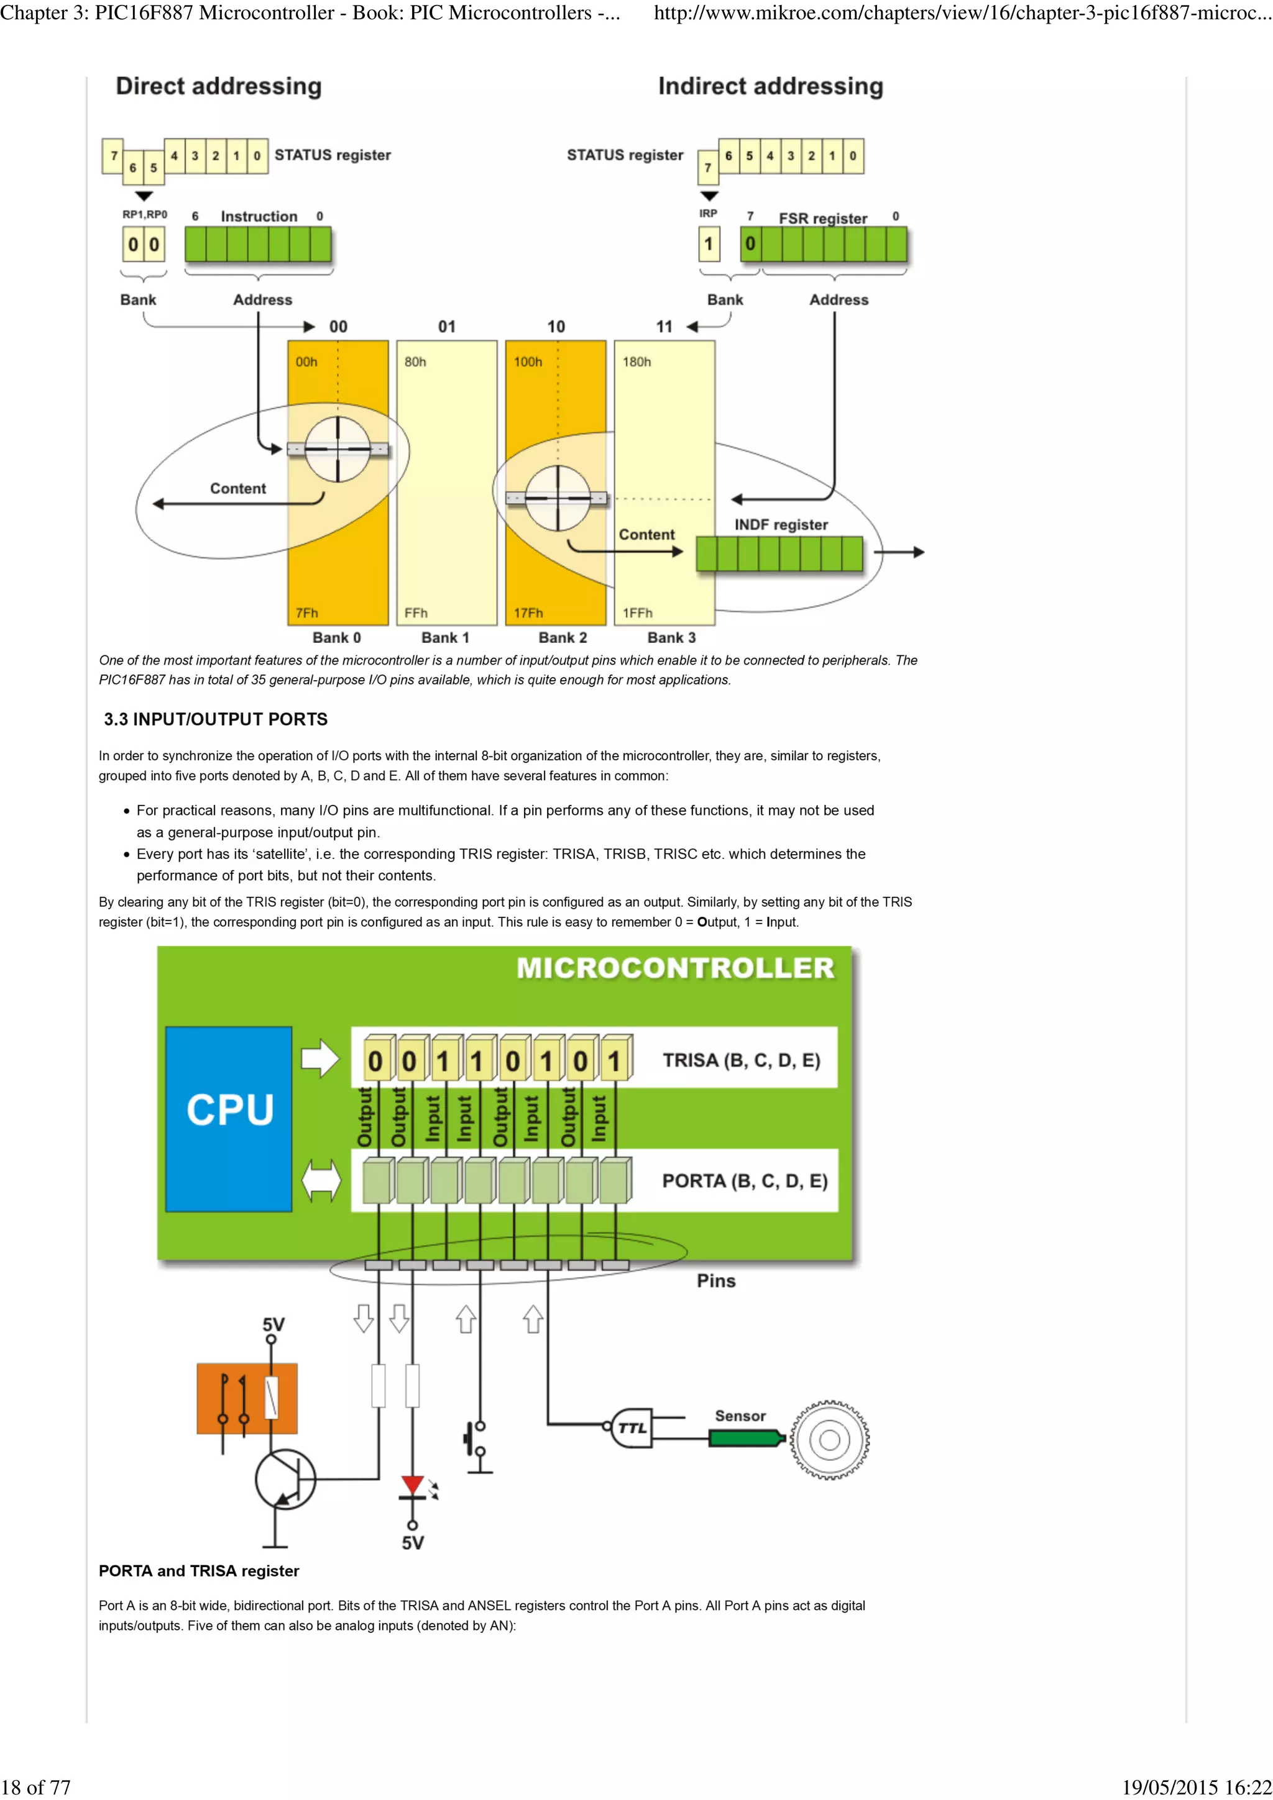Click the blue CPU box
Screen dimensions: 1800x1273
pyautogui.click(x=228, y=1119)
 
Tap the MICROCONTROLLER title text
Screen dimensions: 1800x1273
pyautogui.click(x=674, y=968)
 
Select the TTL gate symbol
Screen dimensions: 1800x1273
pyautogui.click(x=632, y=1427)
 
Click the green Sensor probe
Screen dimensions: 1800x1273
pyautogui.click(x=745, y=1438)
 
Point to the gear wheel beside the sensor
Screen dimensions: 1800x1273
pyautogui.click(x=830, y=1439)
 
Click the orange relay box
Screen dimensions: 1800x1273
pyautogui.click(x=247, y=1398)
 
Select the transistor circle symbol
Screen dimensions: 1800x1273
pyautogui.click(x=285, y=1480)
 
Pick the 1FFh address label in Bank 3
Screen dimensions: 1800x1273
pyautogui.click(x=637, y=613)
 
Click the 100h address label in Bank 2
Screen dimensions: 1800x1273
pyautogui.click(x=528, y=361)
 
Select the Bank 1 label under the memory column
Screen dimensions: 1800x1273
pyautogui.click(x=444, y=637)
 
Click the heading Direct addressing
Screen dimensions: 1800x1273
pyautogui.click(x=219, y=86)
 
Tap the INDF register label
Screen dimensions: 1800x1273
pyautogui.click(x=781, y=524)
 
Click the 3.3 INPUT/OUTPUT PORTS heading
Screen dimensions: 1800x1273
pyautogui.click(x=216, y=719)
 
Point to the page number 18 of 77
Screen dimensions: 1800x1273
pyautogui.click(x=36, y=1787)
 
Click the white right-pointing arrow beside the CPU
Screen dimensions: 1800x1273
pyautogui.click(x=320, y=1058)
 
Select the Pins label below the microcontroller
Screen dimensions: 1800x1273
pyautogui.click(x=716, y=1281)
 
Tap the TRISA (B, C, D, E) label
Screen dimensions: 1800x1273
pyautogui.click(x=741, y=1060)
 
